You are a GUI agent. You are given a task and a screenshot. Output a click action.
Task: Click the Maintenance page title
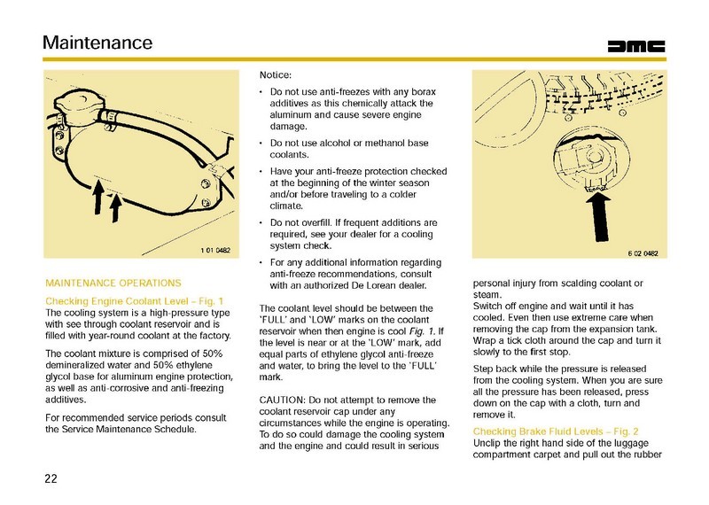97,43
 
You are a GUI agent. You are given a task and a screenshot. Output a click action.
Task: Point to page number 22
51,478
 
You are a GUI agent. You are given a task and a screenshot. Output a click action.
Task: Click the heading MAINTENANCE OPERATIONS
113,284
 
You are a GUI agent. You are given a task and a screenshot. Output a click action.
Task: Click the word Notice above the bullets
276,76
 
